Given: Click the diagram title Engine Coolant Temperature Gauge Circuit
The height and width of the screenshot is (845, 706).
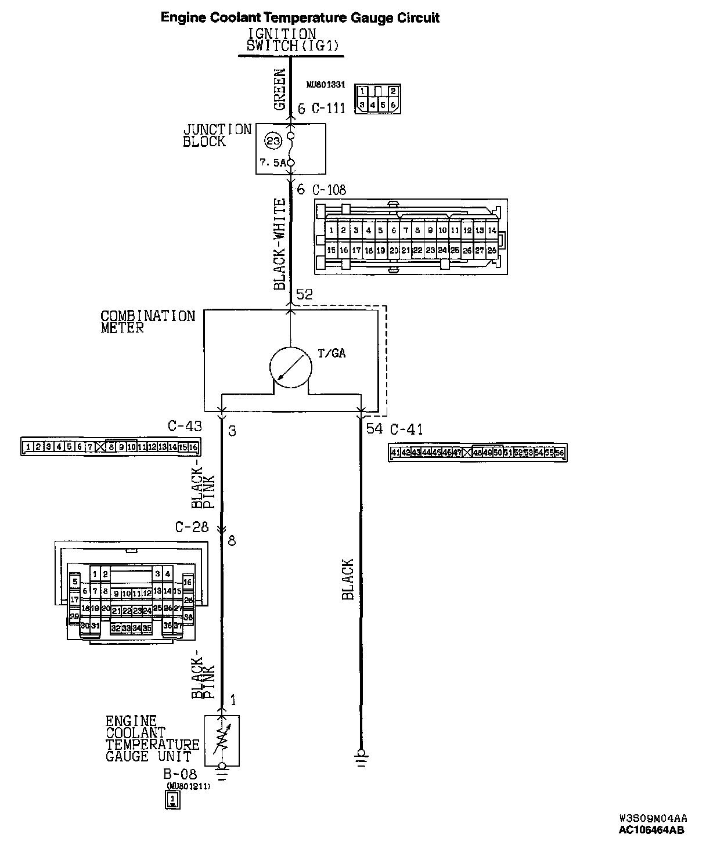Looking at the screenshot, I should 300,18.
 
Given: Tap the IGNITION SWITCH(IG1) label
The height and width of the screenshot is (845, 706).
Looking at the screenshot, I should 282,41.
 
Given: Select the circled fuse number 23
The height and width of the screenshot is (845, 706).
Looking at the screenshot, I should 273,140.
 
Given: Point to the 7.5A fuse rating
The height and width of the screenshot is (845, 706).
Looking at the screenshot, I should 273,164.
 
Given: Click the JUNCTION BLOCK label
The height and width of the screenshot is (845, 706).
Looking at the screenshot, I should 217,136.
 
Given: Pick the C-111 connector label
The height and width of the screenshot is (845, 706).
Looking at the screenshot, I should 329,109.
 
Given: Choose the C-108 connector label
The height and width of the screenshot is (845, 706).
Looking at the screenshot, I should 329,190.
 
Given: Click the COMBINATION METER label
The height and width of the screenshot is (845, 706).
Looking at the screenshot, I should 147,322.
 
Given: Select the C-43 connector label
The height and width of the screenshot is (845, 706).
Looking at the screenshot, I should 185,427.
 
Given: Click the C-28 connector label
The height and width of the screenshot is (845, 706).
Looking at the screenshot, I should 192,528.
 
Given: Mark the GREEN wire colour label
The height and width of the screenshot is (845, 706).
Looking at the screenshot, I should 280,90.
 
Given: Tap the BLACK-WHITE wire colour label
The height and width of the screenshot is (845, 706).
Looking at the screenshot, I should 280,244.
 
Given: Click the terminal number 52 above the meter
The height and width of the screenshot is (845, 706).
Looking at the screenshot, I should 304,295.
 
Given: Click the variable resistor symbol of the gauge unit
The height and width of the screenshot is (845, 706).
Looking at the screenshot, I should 221,740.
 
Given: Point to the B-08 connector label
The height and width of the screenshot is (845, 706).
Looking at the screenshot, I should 179,774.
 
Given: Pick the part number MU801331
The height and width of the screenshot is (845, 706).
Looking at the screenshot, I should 326,85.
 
